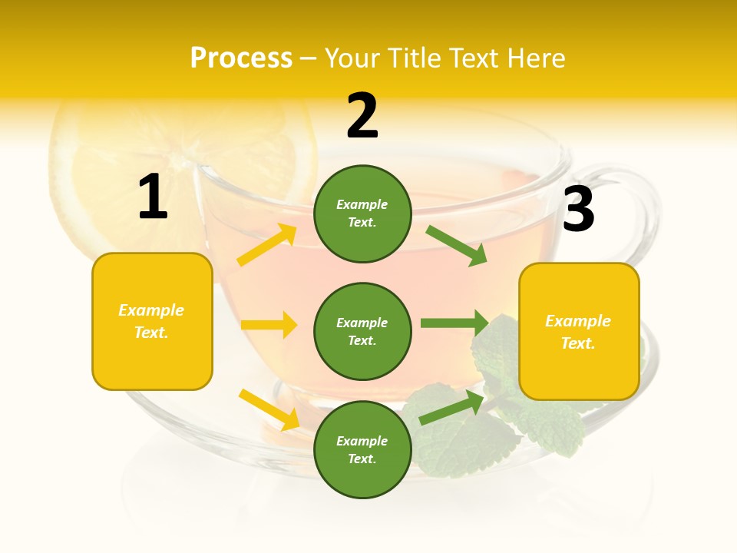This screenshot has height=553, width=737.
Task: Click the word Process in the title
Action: coord(241,58)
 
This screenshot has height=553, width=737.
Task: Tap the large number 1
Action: coord(153,197)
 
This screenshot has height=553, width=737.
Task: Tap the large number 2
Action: coord(362,116)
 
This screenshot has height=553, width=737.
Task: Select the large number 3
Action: coord(578,209)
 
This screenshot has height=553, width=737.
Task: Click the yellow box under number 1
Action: coord(152,321)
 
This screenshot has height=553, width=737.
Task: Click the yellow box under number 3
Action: coord(579,331)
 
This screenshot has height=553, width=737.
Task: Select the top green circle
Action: coord(362,214)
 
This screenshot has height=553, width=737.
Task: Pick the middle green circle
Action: coord(362,331)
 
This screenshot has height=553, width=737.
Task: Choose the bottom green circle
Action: coord(362,449)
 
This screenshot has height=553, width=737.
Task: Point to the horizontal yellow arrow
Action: coord(269,325)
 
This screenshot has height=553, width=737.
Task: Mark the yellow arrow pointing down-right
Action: coord(269,409)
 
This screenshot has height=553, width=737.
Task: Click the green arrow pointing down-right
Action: coord(457,246)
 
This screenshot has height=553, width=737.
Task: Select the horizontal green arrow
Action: coord(454,323)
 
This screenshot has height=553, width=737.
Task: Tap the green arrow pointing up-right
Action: coord(452,408)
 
